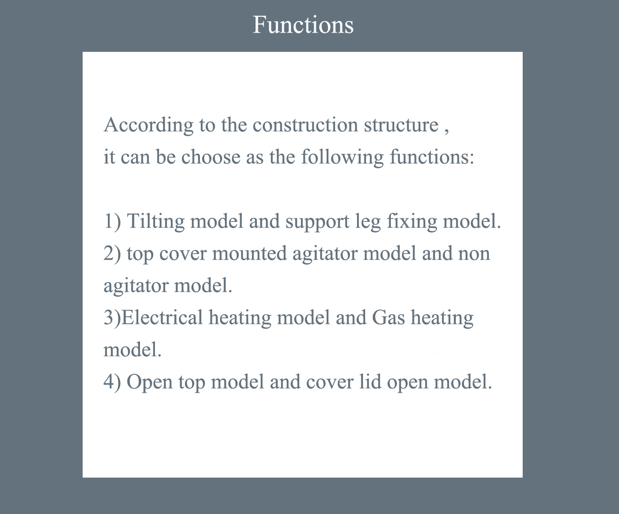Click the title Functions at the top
(x=303, y=24)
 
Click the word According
(x=149, y=125)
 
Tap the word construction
(x=305, y=125)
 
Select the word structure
(x=401, y=125)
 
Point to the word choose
(x=211, y=157)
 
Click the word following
(x=342, y=157)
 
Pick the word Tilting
(x=155, y=221)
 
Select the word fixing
(x=412, y=221)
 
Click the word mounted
(x=249, y=254)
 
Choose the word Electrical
(x=162, y=317)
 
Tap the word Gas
(x=388, y=317)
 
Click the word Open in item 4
(x=149, y=382)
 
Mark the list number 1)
(x=112, y=221)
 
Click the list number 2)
(x=112, y=254)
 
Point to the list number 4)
(x=112, y=382)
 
